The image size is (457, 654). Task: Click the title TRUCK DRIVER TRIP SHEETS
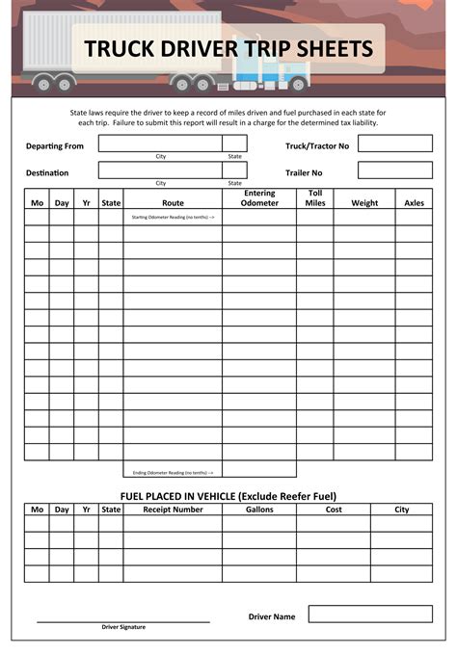[228, 48]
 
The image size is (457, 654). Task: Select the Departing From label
[54, 145]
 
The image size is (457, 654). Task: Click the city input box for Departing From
[160, 144]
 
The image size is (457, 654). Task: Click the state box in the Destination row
[234, 170]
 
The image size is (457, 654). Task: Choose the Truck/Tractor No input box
[394, 144]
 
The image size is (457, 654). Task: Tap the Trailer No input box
[394, 170]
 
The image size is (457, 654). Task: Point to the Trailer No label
[304, 172]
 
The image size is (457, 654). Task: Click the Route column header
[173, 203]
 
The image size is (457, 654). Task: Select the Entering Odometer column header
[259, 198]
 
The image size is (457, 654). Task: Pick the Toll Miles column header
[315, 198]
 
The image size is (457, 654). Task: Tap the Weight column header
[364, 203]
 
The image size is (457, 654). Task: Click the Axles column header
[414, 203]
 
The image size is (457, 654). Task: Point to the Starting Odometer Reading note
[173, 218]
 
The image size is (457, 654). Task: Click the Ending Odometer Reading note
[173, 472]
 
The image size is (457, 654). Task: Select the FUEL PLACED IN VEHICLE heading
[228, 496]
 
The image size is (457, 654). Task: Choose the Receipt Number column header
[173, 510]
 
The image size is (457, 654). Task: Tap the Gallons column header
[259, 510]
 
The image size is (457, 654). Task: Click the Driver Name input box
[369, 614]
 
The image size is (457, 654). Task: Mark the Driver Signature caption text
[123, 627]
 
